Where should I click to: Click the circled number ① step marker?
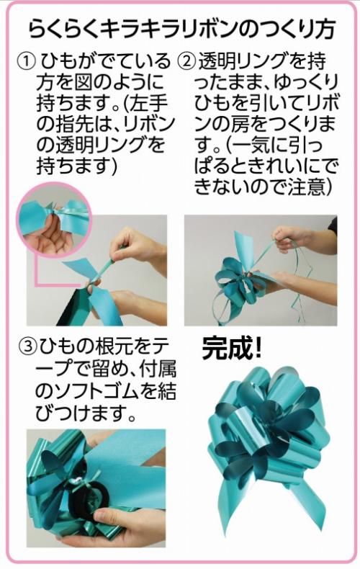point(27,61)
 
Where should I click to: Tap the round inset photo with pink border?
point(55,220)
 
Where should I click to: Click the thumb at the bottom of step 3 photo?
point(109,516)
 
